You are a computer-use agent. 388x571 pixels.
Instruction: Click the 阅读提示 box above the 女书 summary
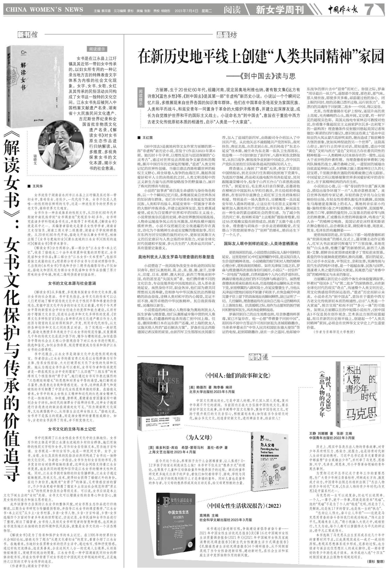97,49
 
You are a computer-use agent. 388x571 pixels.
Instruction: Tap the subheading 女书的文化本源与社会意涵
72,283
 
